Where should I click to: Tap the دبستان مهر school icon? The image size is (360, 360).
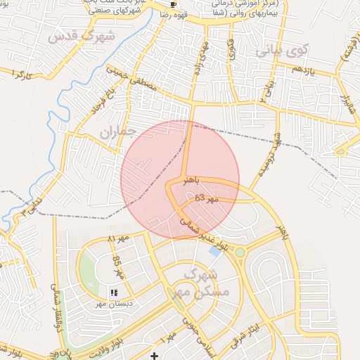(114, 292)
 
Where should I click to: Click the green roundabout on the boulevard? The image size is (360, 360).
(240, 252)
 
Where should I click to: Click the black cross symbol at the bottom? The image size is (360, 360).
(155, 356)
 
